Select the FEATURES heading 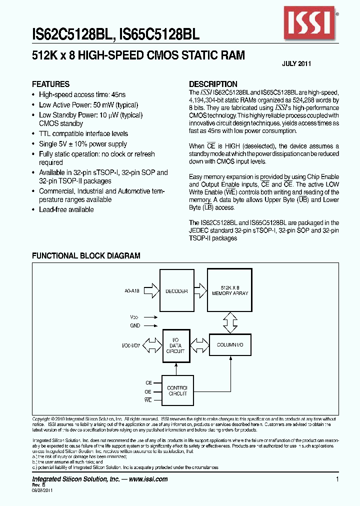click(x=51, y=84)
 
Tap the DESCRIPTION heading click(x=213, y=84)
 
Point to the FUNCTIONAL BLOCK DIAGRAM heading click(x=86, y=255)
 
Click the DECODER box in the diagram click(x=176, y=291)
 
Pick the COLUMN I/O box click(x=230, y=345)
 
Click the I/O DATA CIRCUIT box click(x=175, y=344)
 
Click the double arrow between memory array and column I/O click(x=230, y=322)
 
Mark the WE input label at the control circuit click(x=148, y=400)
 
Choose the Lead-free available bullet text click(x=66, y=209)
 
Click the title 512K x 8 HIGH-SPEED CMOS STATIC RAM click(x=138, y=55)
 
